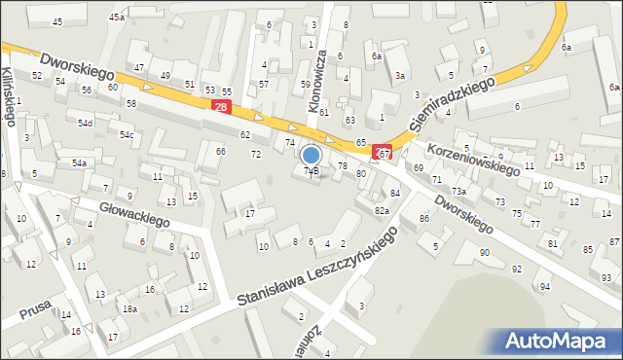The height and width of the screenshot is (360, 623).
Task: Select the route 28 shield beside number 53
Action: point(222,108)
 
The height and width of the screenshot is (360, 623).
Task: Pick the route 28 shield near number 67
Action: point(384,154)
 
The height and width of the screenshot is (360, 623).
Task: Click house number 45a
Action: point(117,18)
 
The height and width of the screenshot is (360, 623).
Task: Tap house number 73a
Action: point(458,191)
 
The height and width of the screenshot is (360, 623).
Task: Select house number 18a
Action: point(129,308)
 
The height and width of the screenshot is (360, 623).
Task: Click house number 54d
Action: point(87,124)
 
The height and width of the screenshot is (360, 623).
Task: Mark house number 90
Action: point(485,253)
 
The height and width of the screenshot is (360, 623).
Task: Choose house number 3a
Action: point(399,75)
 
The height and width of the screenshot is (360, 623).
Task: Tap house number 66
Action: point(221,151)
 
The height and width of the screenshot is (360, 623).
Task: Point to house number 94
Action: point(545,287)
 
